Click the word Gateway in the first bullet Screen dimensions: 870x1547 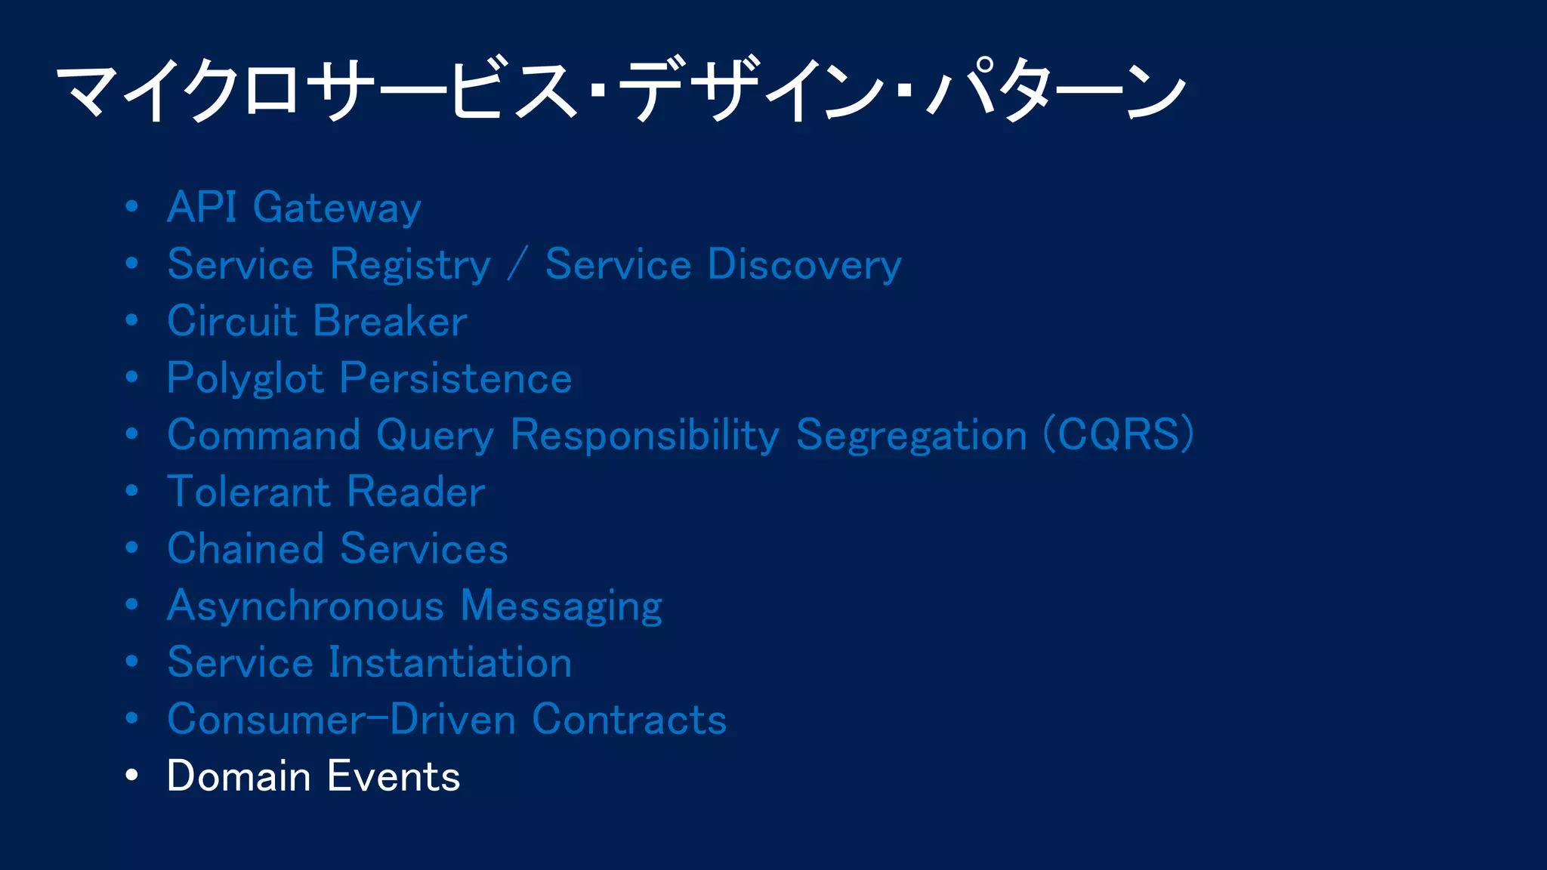336,208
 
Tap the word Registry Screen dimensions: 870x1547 411,265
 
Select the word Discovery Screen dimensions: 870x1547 804,265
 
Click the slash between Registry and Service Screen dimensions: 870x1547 517,265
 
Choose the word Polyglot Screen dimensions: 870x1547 245,378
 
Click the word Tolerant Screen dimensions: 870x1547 249,492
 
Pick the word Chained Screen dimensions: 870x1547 245,549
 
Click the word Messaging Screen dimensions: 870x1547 561,606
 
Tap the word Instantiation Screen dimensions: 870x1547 450,663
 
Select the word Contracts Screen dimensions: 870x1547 629,720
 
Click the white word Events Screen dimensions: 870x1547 394,776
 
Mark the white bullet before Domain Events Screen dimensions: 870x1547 132,776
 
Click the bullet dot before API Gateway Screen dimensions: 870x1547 132,206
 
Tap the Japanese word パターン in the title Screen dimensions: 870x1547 1058,91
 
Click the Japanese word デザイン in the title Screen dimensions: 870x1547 752,91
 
